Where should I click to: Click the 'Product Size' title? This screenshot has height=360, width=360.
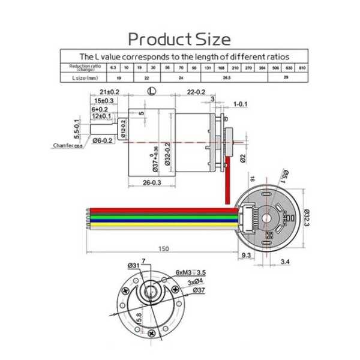[179, 40]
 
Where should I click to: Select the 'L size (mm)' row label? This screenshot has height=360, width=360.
[84, 78]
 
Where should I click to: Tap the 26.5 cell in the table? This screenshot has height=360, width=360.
[226, 78]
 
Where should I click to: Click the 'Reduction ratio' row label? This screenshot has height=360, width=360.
[84, 67]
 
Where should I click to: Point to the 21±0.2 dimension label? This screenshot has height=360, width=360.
[110, 92]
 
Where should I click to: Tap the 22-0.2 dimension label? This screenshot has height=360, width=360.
[196, 92]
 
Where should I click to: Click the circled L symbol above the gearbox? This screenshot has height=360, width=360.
[152, 92]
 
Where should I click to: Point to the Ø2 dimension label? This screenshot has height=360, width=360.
[242, 158]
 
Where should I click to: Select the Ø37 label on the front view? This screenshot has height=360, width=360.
[200, 290]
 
